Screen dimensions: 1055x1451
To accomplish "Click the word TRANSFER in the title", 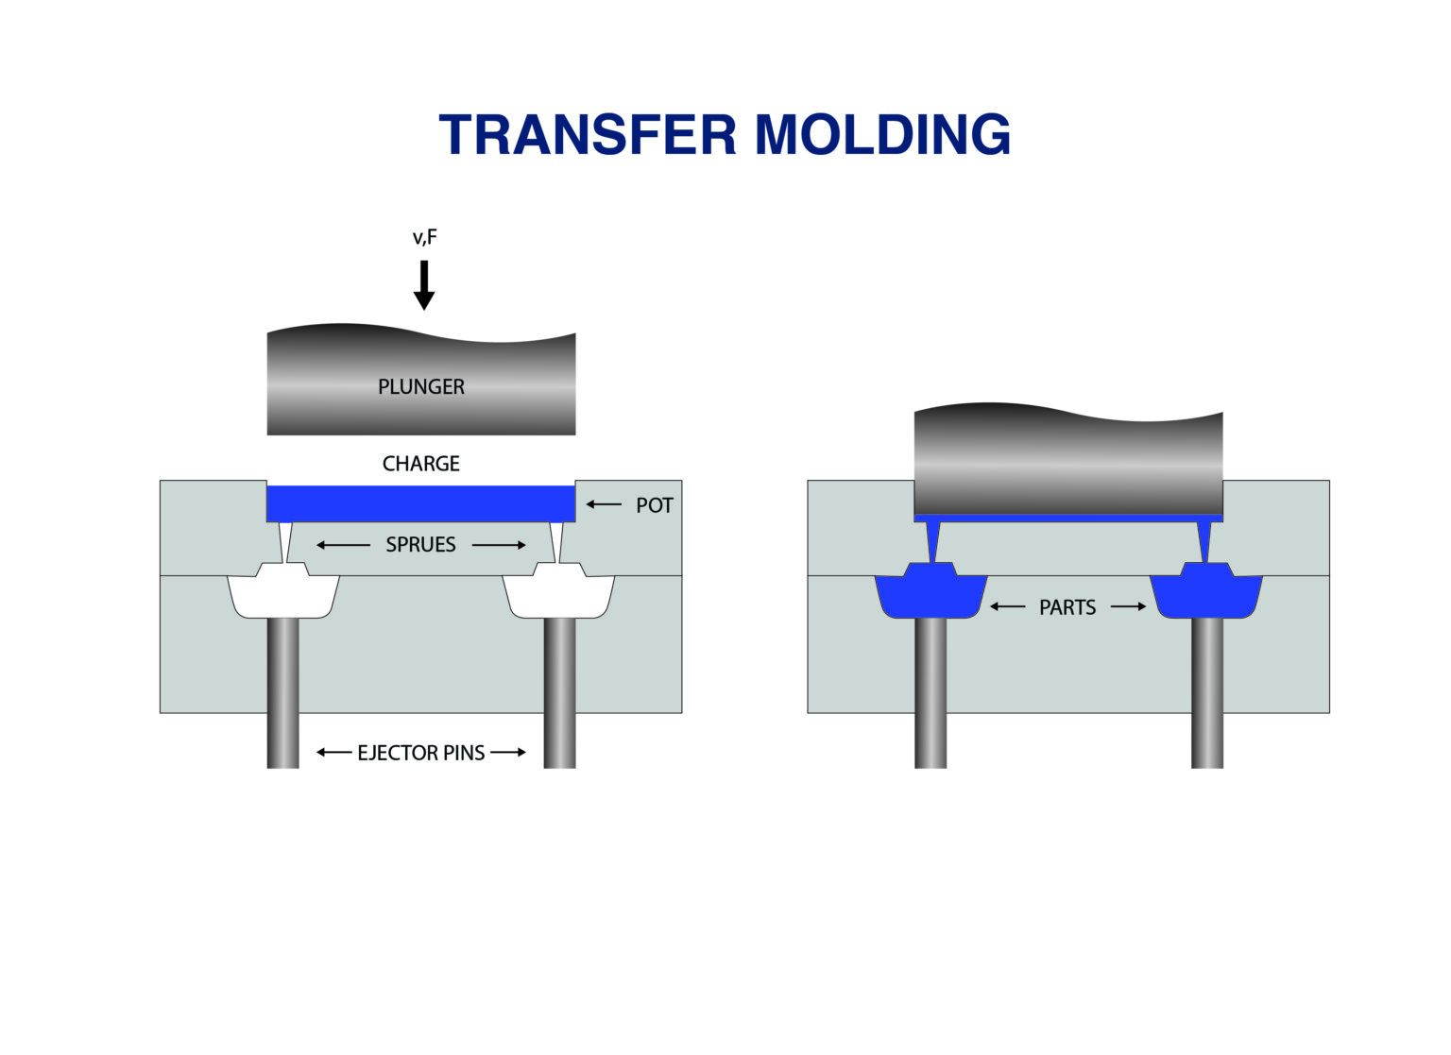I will point(587,134).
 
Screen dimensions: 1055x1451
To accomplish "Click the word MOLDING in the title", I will point(882,134).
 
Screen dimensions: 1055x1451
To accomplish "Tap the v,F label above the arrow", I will point(424,237).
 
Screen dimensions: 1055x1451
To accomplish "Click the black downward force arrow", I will point(424,284).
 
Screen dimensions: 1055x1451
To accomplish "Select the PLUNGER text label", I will point(421,386).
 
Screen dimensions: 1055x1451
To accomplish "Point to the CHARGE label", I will point(421,464).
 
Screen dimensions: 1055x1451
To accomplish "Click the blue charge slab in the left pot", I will point(421,502).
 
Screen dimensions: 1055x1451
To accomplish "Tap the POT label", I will point(654,505).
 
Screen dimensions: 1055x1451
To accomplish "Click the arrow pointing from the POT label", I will point(604,504).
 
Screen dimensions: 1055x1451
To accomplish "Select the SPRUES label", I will point(420,545).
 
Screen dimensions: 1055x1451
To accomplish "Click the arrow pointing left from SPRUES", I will point(343,545).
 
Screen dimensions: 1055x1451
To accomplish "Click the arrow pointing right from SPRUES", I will point(499,545).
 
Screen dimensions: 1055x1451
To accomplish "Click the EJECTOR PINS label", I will point(420,753).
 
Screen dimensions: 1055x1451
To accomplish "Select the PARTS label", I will point(1067,607).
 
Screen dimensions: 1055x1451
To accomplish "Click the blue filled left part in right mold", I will point(930,595).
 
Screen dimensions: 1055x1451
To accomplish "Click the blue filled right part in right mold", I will point(1206,595).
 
